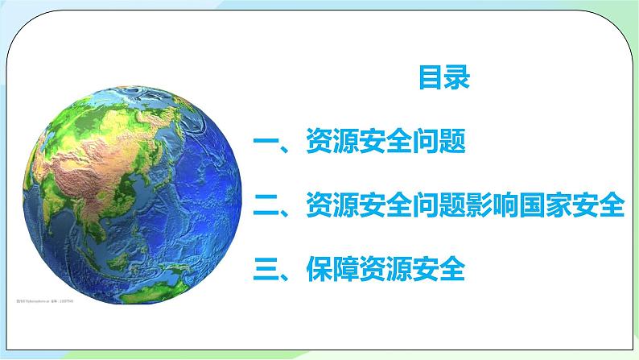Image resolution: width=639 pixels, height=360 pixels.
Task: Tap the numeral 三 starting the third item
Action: pyautogui.click(x=266, y=267)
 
